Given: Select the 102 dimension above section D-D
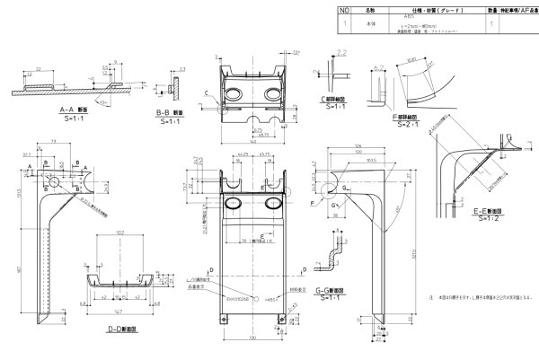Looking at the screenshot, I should [121, 233].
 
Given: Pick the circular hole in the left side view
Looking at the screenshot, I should [56, 182].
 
